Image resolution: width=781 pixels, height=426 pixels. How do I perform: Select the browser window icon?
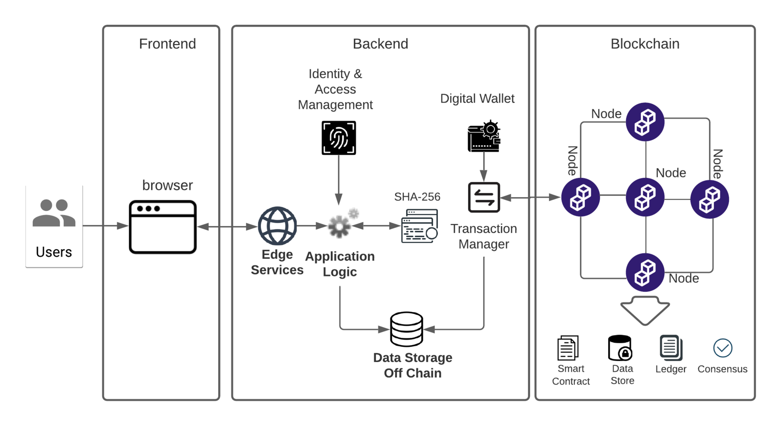tap(163, 227)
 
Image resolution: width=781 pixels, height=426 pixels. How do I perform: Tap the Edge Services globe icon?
tap(277, 226)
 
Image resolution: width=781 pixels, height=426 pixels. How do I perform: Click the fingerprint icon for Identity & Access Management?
tap(339, 138)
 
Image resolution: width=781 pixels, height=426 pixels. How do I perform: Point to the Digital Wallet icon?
tap(484, 137)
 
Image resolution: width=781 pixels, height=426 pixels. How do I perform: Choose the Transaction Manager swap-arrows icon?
tap(484, 198)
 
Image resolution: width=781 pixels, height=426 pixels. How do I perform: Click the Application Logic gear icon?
tap(340, 226)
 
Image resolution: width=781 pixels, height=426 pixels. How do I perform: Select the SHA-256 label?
tap(417, 197)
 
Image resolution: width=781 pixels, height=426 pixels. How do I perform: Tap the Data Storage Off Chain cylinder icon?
tap(407, 329)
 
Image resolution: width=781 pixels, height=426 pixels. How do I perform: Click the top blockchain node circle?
tap(645, 122)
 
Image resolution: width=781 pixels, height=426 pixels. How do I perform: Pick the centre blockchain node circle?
tap(645, 197)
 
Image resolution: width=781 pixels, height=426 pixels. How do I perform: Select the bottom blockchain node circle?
tap(645, 273)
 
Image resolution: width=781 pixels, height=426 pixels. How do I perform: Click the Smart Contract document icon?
tap(568, 348)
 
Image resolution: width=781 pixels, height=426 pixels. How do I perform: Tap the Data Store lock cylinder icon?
tap(620, 348)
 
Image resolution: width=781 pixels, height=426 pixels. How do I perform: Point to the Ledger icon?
tap(671, 347)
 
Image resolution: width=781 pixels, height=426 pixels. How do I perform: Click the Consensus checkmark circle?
tap(723, 348)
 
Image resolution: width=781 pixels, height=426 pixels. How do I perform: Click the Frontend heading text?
tap(167, 44)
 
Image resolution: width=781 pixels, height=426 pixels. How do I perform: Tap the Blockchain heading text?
tap(645, 44)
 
